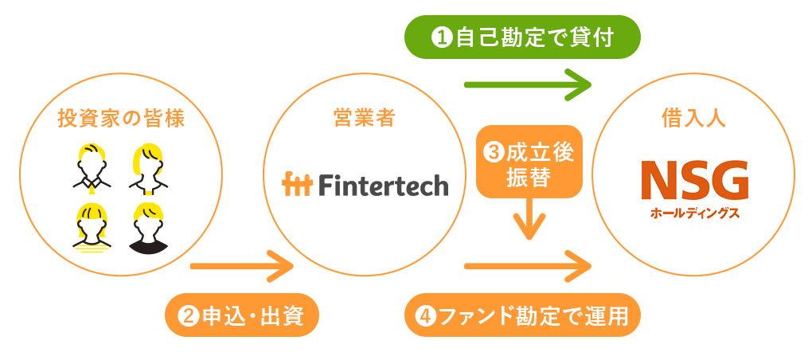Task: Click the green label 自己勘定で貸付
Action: click(x=522, y=37)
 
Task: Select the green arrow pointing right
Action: click(x=528, y=84)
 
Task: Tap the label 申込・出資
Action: click(x=241, y=315)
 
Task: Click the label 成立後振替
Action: click(x=529, y=162)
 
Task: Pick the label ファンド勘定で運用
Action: click(x=522, y=315)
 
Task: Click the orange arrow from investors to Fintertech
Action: click(x=242, y=266)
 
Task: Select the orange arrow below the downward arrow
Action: click(x=528, y=266)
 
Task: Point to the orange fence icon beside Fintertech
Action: click(x=297, y=185)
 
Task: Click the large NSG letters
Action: click(x=694, y=180)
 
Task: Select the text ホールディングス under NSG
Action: click(x=694, y=213)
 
